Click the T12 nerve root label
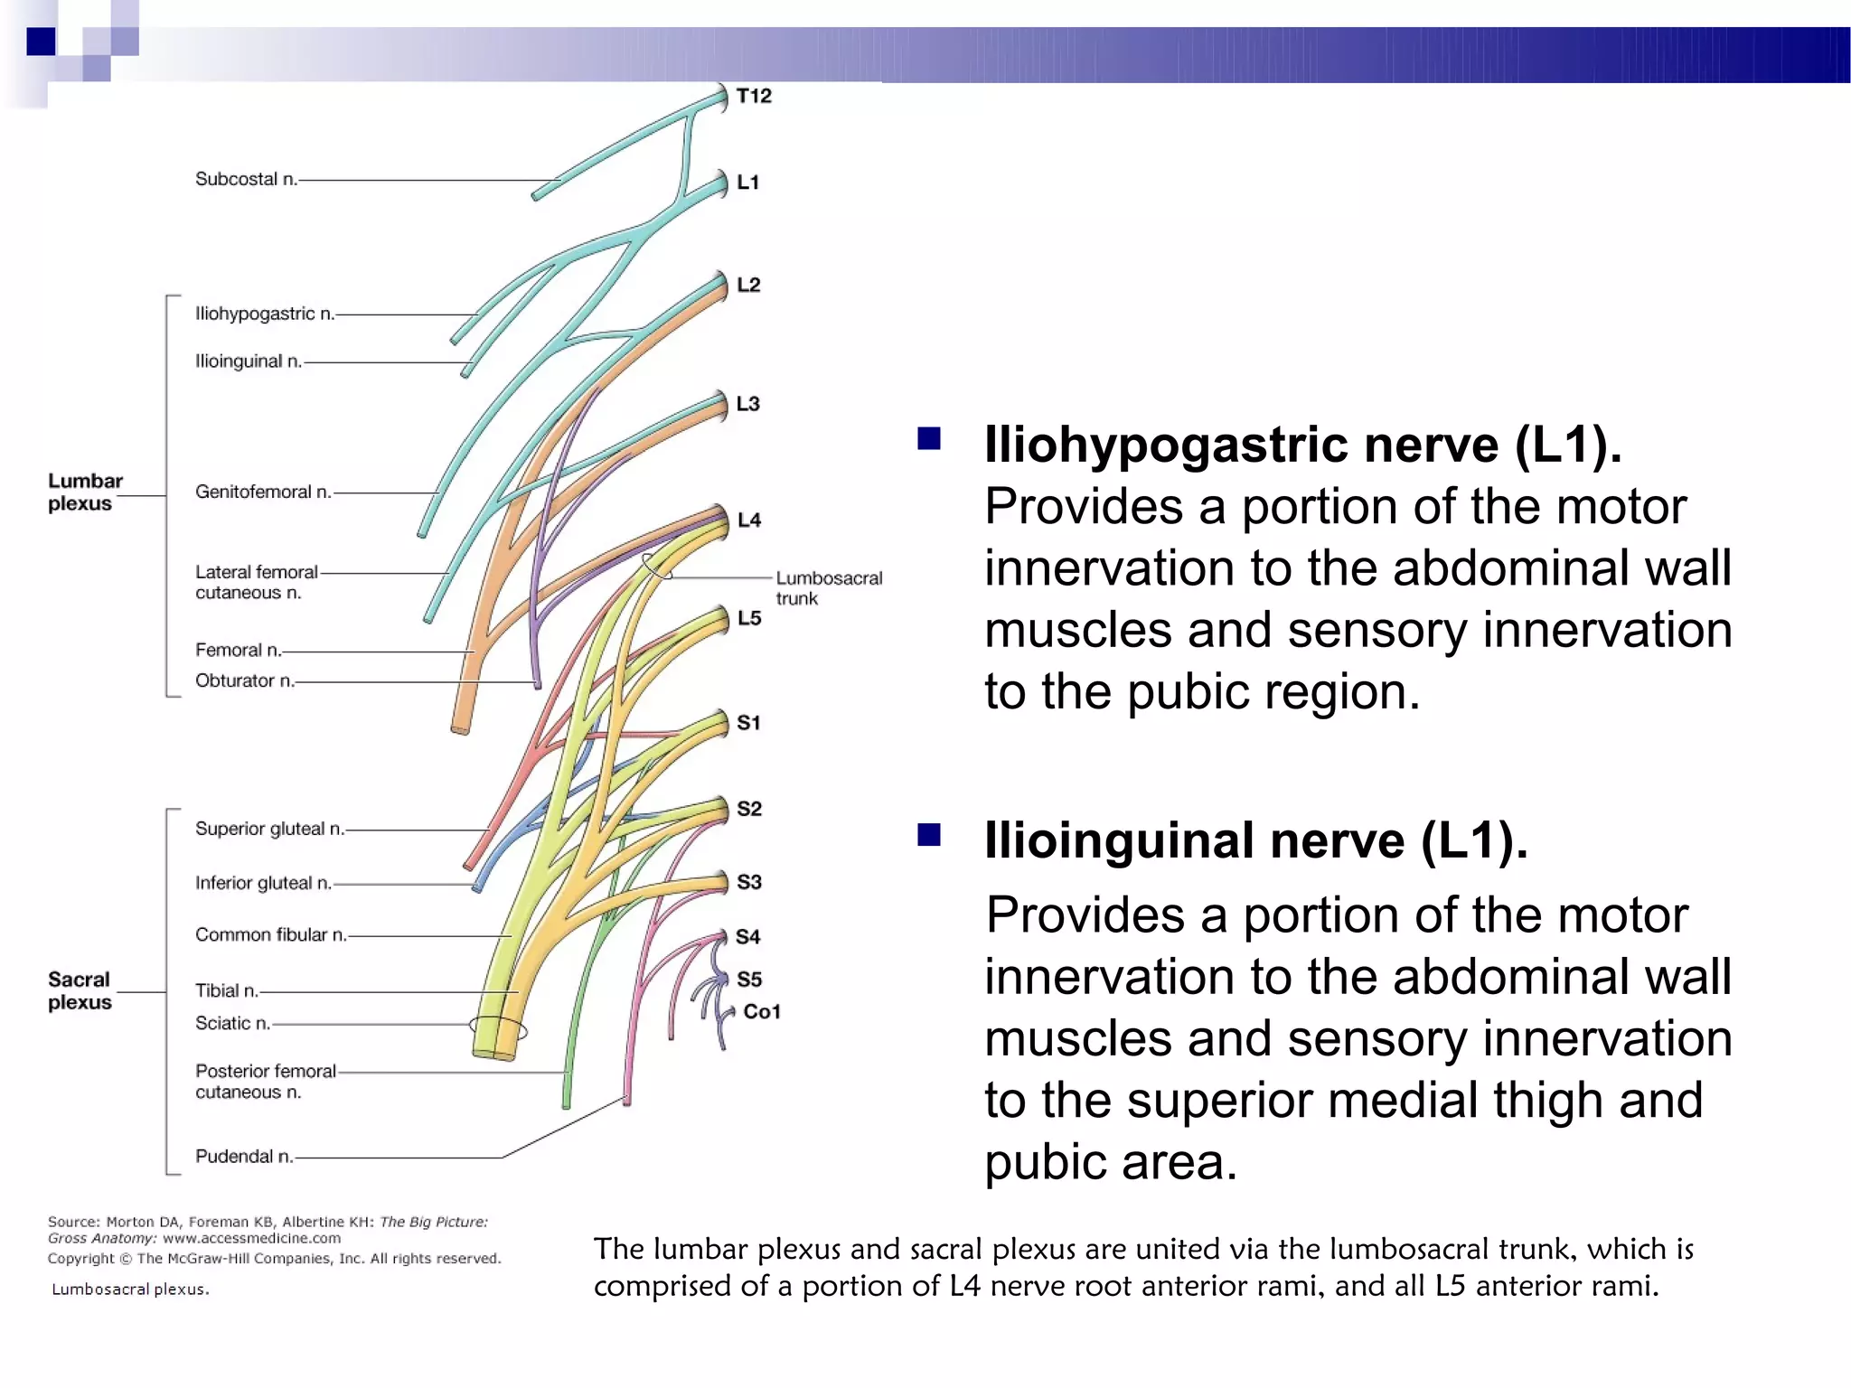tap(754, 96)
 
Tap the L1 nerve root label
tap(748, 183)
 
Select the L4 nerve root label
tap(749, 520)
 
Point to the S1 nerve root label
tap(748, 723)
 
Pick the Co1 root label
tap(761, 1012)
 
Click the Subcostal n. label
tap(246, 179)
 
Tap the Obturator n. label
tap(245, 680)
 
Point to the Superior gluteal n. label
tap(269, 829)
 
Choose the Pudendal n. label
tap(244, 1157)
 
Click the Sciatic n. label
tap(232, 1023)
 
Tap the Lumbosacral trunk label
tap(828, 588)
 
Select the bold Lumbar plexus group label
tap(85, 492)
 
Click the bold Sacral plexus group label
tap(80, 991)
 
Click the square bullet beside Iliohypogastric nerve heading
tap(929, 440)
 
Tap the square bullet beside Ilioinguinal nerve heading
tap(929, 835)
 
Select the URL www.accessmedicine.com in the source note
tap(252, 1239)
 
